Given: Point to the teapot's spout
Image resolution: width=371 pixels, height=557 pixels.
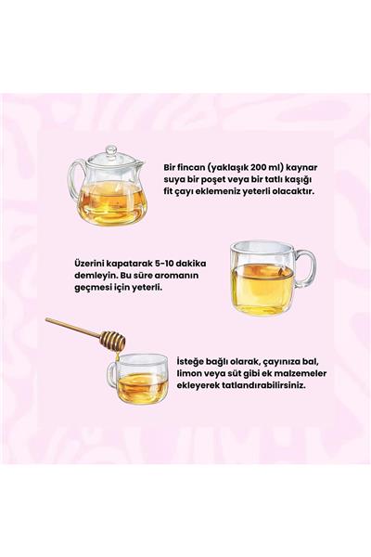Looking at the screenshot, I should (140, 168).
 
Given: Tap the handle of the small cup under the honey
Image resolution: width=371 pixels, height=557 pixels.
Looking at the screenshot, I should (111, 375).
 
